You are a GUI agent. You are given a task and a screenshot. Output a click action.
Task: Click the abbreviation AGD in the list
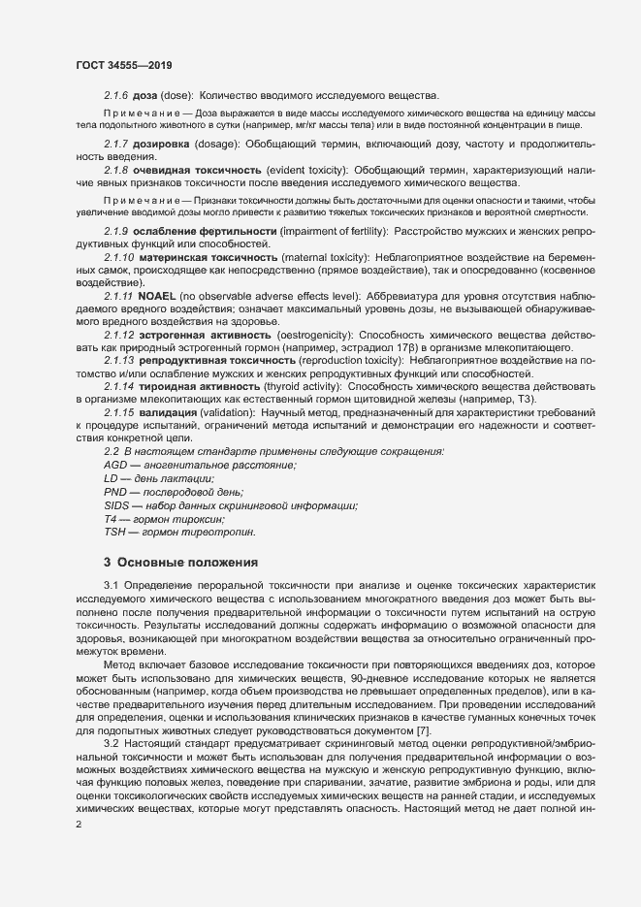pos(114,466)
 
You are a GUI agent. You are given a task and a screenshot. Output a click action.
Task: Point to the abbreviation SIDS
pos(116,506)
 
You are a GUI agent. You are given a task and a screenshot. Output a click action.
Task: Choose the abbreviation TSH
pos(115,533)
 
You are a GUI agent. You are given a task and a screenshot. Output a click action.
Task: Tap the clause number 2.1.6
pos(115,94)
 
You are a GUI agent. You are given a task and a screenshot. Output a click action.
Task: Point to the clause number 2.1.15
pos(118,413)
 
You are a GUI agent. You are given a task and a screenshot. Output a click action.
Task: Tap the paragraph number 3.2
pos(112,742)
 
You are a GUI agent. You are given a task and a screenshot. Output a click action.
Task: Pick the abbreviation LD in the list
pos(111,479)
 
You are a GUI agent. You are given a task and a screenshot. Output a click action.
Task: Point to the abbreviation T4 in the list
pos(110,520)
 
